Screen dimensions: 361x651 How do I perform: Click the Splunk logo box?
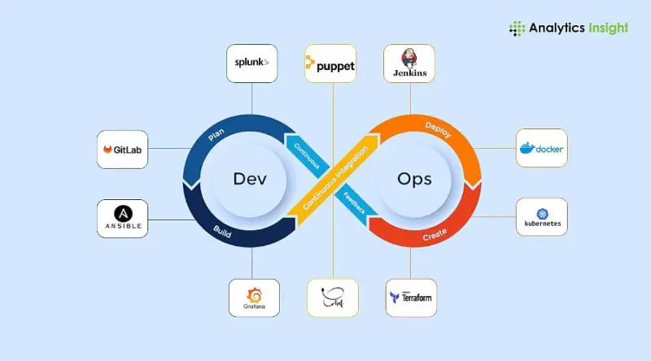pyautogui.click(x=251, y=63)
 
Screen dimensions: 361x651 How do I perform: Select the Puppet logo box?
pyautogui.click(x=330, y=63)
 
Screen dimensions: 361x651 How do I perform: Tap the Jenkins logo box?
pyautogui.click(x=409, y=63)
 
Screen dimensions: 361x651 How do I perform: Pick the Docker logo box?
pyautogui.click(x=541, y=149)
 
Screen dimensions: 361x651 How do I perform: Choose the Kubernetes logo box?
pyautogui.click(x=541, y=216)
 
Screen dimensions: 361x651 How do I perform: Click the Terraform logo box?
pyautogui.click(x=410, y=298)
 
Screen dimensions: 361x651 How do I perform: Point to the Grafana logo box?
pyautogui.click(x=254, y=298)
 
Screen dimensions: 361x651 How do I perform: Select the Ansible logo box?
pyautogui.click(x=122, y=218)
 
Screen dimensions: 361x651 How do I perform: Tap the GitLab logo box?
pyautogui.click(x=122, y=150)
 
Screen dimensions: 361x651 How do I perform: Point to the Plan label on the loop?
pyautogui.click(x=216, y=134)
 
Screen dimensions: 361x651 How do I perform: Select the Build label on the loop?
pyautogui.click(x=221, y=228)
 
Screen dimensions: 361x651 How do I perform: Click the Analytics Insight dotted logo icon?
pyautogui.click(x=517, y=28)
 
